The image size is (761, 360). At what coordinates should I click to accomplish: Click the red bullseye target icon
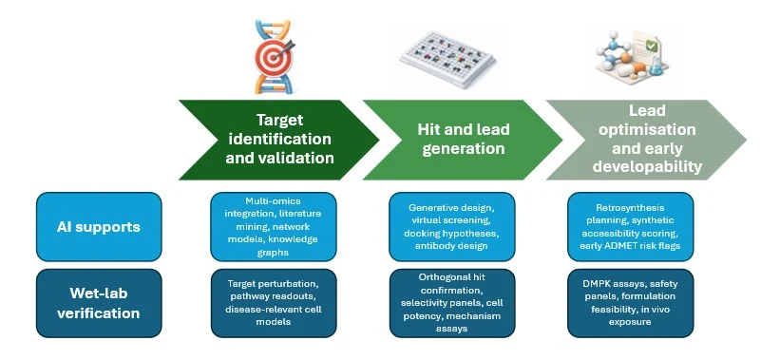click(273, 57)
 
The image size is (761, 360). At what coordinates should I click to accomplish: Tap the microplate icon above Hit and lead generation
click(447, 58)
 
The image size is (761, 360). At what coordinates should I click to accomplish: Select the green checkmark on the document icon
click(652, 47)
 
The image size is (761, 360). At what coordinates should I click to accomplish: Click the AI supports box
click(99, 227)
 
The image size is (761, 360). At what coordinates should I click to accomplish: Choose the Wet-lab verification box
click(99, 303)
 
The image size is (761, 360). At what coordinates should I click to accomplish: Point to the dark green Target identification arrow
click(279, 140)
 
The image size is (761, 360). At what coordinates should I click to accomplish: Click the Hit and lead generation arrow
click(463, 140)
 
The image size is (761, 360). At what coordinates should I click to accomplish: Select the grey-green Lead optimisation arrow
click(646, 140)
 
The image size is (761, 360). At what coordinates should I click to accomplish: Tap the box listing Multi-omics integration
click(274, 227)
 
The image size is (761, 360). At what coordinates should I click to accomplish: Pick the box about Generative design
click(452, 227)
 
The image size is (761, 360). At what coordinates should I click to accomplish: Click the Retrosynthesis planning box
click(631, 227)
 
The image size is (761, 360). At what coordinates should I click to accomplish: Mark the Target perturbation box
click(274, 303)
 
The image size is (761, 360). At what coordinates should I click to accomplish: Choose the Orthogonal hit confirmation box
click(452, 303)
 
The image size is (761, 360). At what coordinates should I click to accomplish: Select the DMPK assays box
click(631, 303)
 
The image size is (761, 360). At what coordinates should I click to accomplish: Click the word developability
click(647, 167)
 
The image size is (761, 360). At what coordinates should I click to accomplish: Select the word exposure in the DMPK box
click(630, 322)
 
